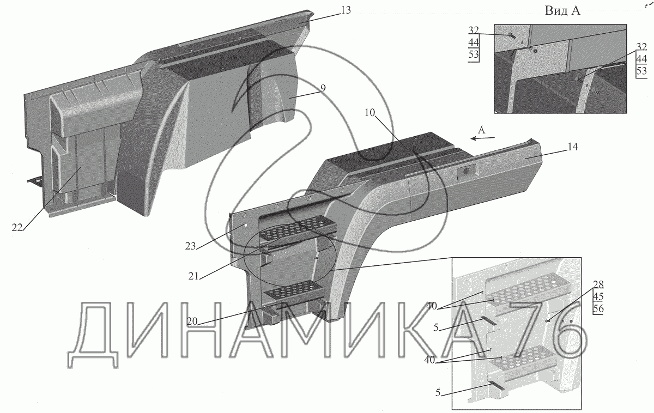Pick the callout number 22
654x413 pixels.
[x=16, y=228]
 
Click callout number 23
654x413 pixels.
[x=190, y=246]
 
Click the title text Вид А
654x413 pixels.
[x=561, y=11]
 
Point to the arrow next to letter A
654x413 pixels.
[x=483, y=138]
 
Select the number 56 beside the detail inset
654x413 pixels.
[x=598, y=308]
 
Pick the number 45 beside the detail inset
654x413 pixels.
[x=598, y=297]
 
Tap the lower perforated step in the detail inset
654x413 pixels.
[x=520, y=357]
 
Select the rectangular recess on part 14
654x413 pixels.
[x=466, y=172]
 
